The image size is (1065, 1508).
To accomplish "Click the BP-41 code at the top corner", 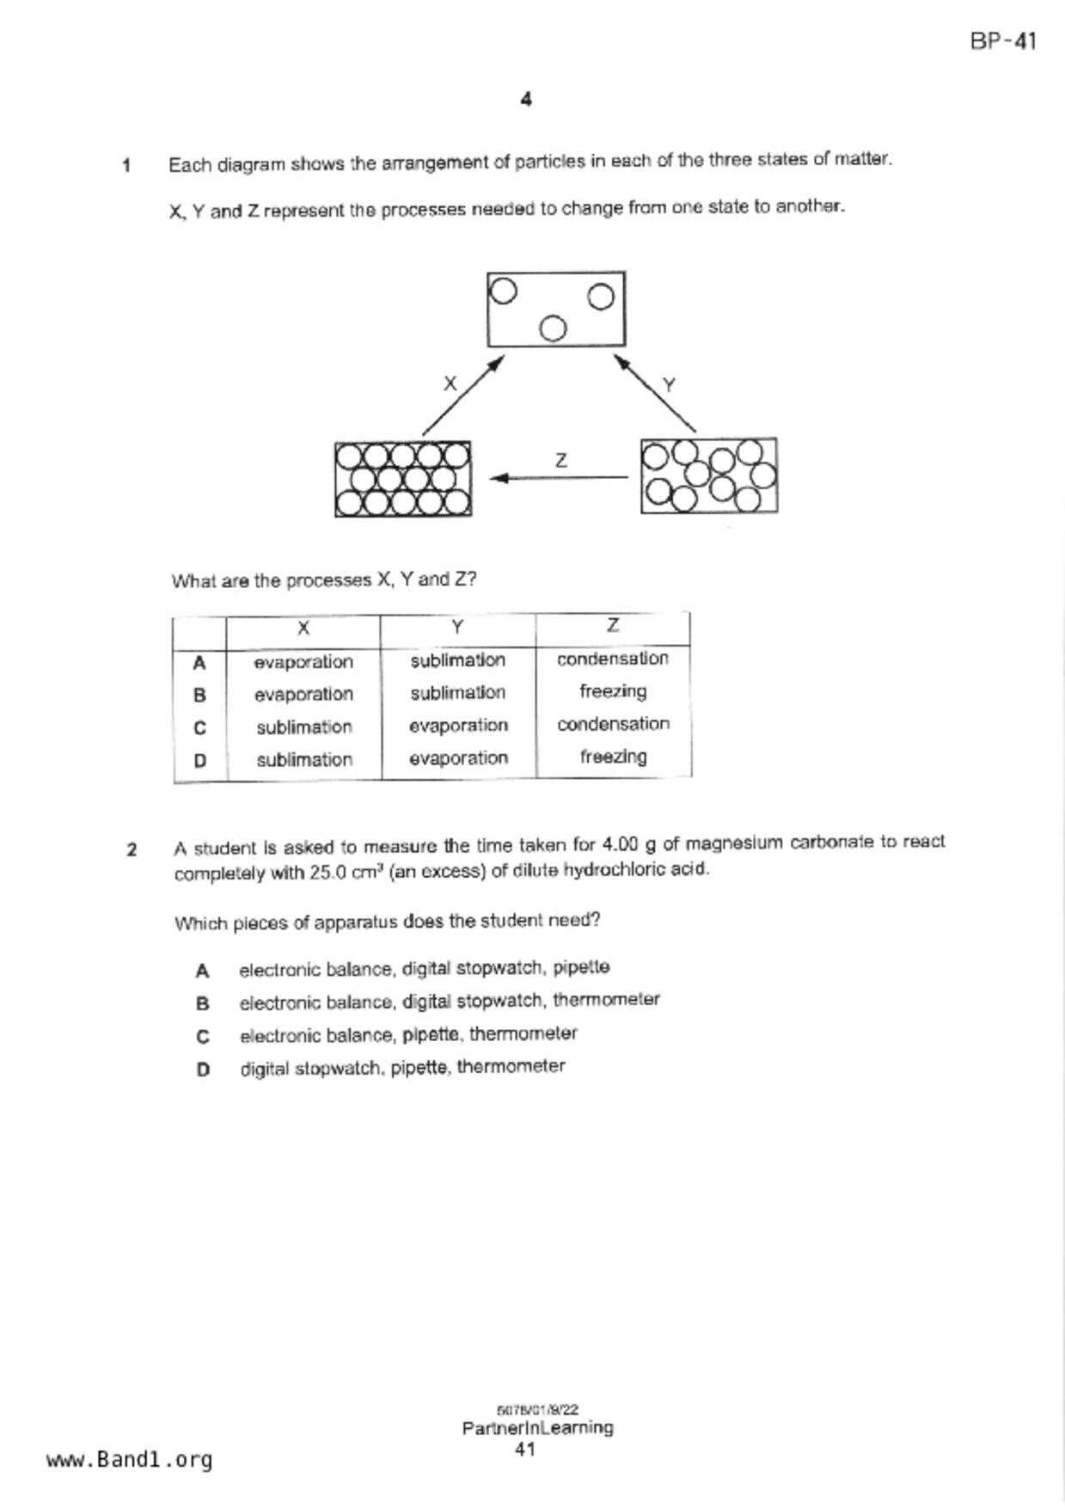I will click(x=1002, y=41).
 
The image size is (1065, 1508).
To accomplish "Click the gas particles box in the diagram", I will click(x=555, y=309).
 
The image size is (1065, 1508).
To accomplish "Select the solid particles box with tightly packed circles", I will click(x=402, y=479).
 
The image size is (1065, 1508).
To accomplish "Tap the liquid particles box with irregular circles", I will click(x=708, y=475).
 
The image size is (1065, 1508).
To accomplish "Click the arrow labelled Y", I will click(x=655, y=393).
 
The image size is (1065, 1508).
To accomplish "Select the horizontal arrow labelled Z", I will click(x=559, y=477).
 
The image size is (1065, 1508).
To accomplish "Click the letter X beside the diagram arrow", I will click(x=450, y=383).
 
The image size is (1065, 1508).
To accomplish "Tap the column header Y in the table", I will click(x=457, y=628).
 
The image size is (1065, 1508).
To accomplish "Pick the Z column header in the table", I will click(x=612, y=626).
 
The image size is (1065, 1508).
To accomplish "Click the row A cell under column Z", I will click(x=612, y=659).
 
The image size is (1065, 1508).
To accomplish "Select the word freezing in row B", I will click(x=612, y=691).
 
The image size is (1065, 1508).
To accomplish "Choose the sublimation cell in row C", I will click(x=303, y=727).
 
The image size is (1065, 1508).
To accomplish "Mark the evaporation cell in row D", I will click(x=458, y=758).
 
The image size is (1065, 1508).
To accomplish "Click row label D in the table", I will click(x=199, y=761).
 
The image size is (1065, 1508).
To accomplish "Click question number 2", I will click(x=132, y=850).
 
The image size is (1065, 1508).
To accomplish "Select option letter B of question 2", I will click(x=203, y=1003).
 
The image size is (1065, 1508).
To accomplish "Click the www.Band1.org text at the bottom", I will click(x=129, y=1460).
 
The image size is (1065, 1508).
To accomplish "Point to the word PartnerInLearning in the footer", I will click(x=537, y=1428).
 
